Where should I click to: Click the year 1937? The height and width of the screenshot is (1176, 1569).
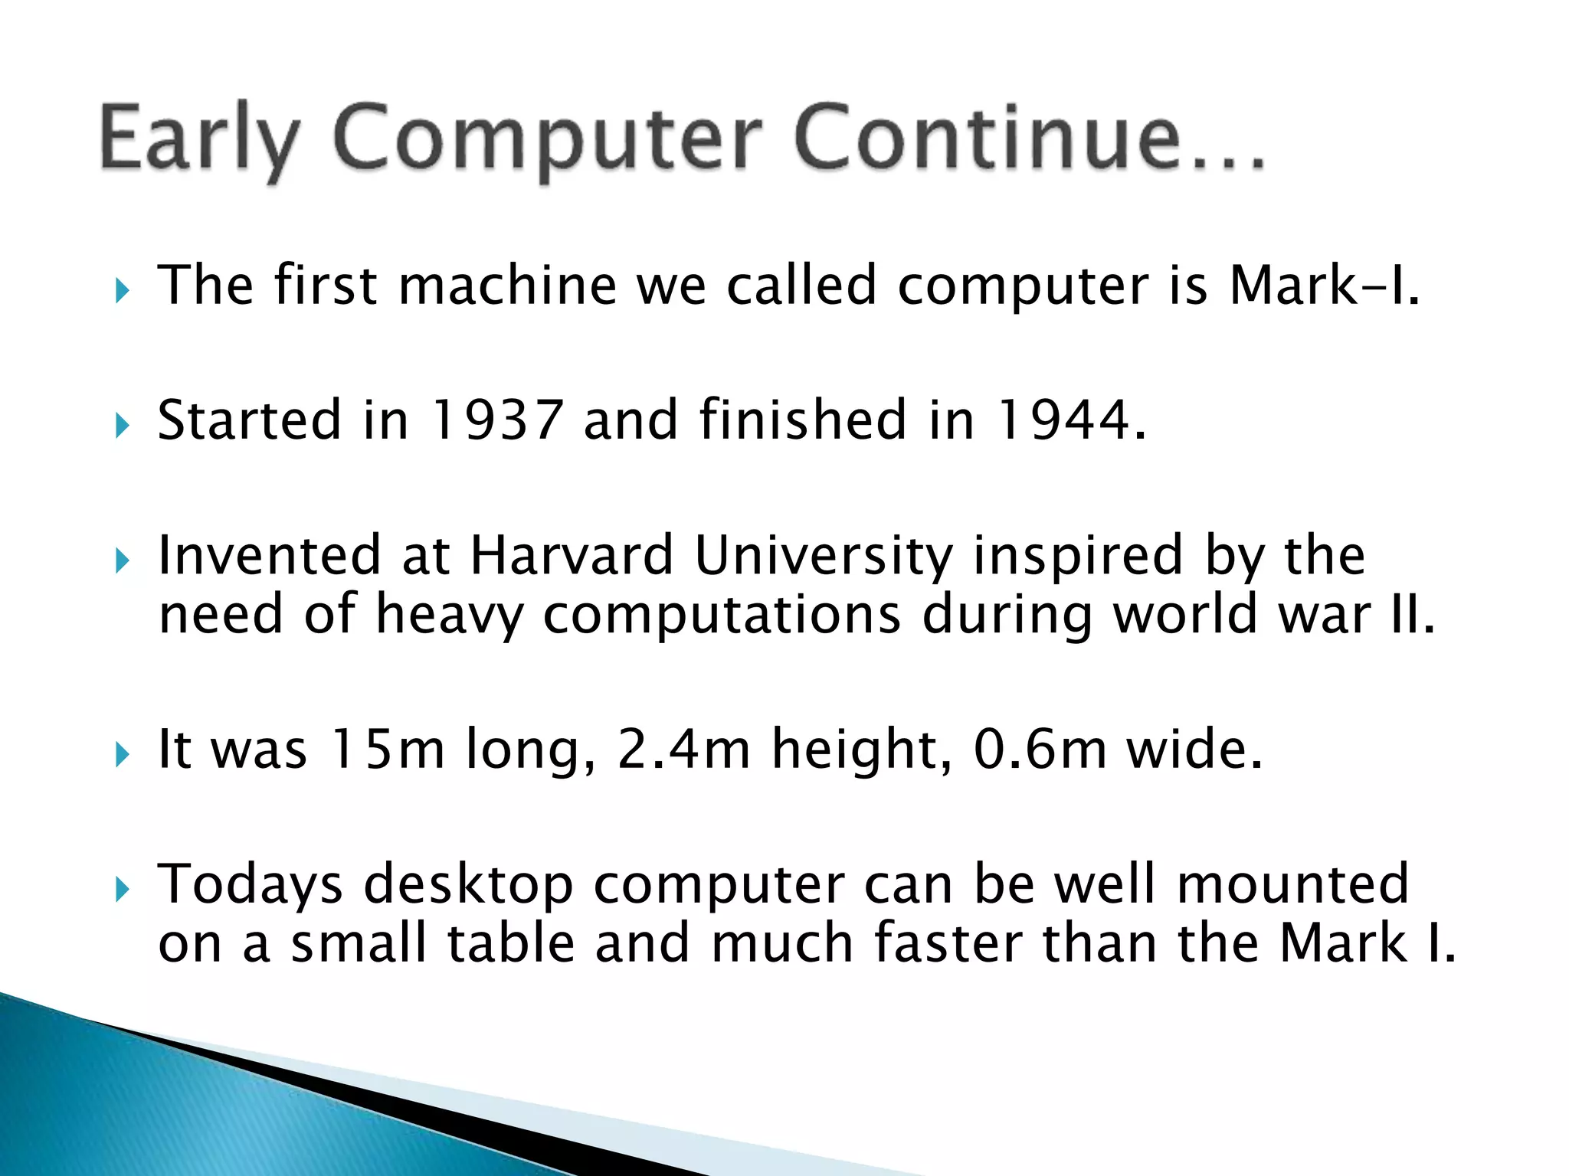pyautogui.click(x=497, y=420)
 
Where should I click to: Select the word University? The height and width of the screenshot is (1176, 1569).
pyautogui.click(x=824, y=557)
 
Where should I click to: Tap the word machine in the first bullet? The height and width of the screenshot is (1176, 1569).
pyautogui.click(x=507, y=285)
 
